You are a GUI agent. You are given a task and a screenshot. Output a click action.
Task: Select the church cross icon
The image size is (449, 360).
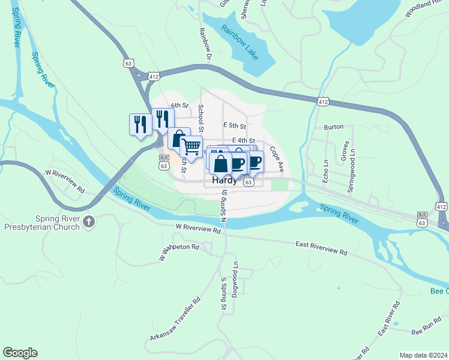[x=89, y=223]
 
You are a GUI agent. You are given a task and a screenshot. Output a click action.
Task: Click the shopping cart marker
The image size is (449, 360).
[x=191, y=146]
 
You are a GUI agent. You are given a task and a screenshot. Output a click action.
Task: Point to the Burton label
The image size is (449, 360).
[x=333, y=127]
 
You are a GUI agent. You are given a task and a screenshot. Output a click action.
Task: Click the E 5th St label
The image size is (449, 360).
[x=234, y=126]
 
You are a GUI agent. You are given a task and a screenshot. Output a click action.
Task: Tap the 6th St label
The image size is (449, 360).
[x=179, y=106]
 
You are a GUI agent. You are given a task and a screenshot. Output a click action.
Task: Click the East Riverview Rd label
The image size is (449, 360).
[x=321, y=248]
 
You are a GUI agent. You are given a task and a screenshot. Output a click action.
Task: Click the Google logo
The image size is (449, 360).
[x=20, y=353]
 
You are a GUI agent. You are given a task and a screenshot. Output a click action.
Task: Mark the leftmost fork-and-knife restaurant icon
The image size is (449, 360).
[x=140, y=124]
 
